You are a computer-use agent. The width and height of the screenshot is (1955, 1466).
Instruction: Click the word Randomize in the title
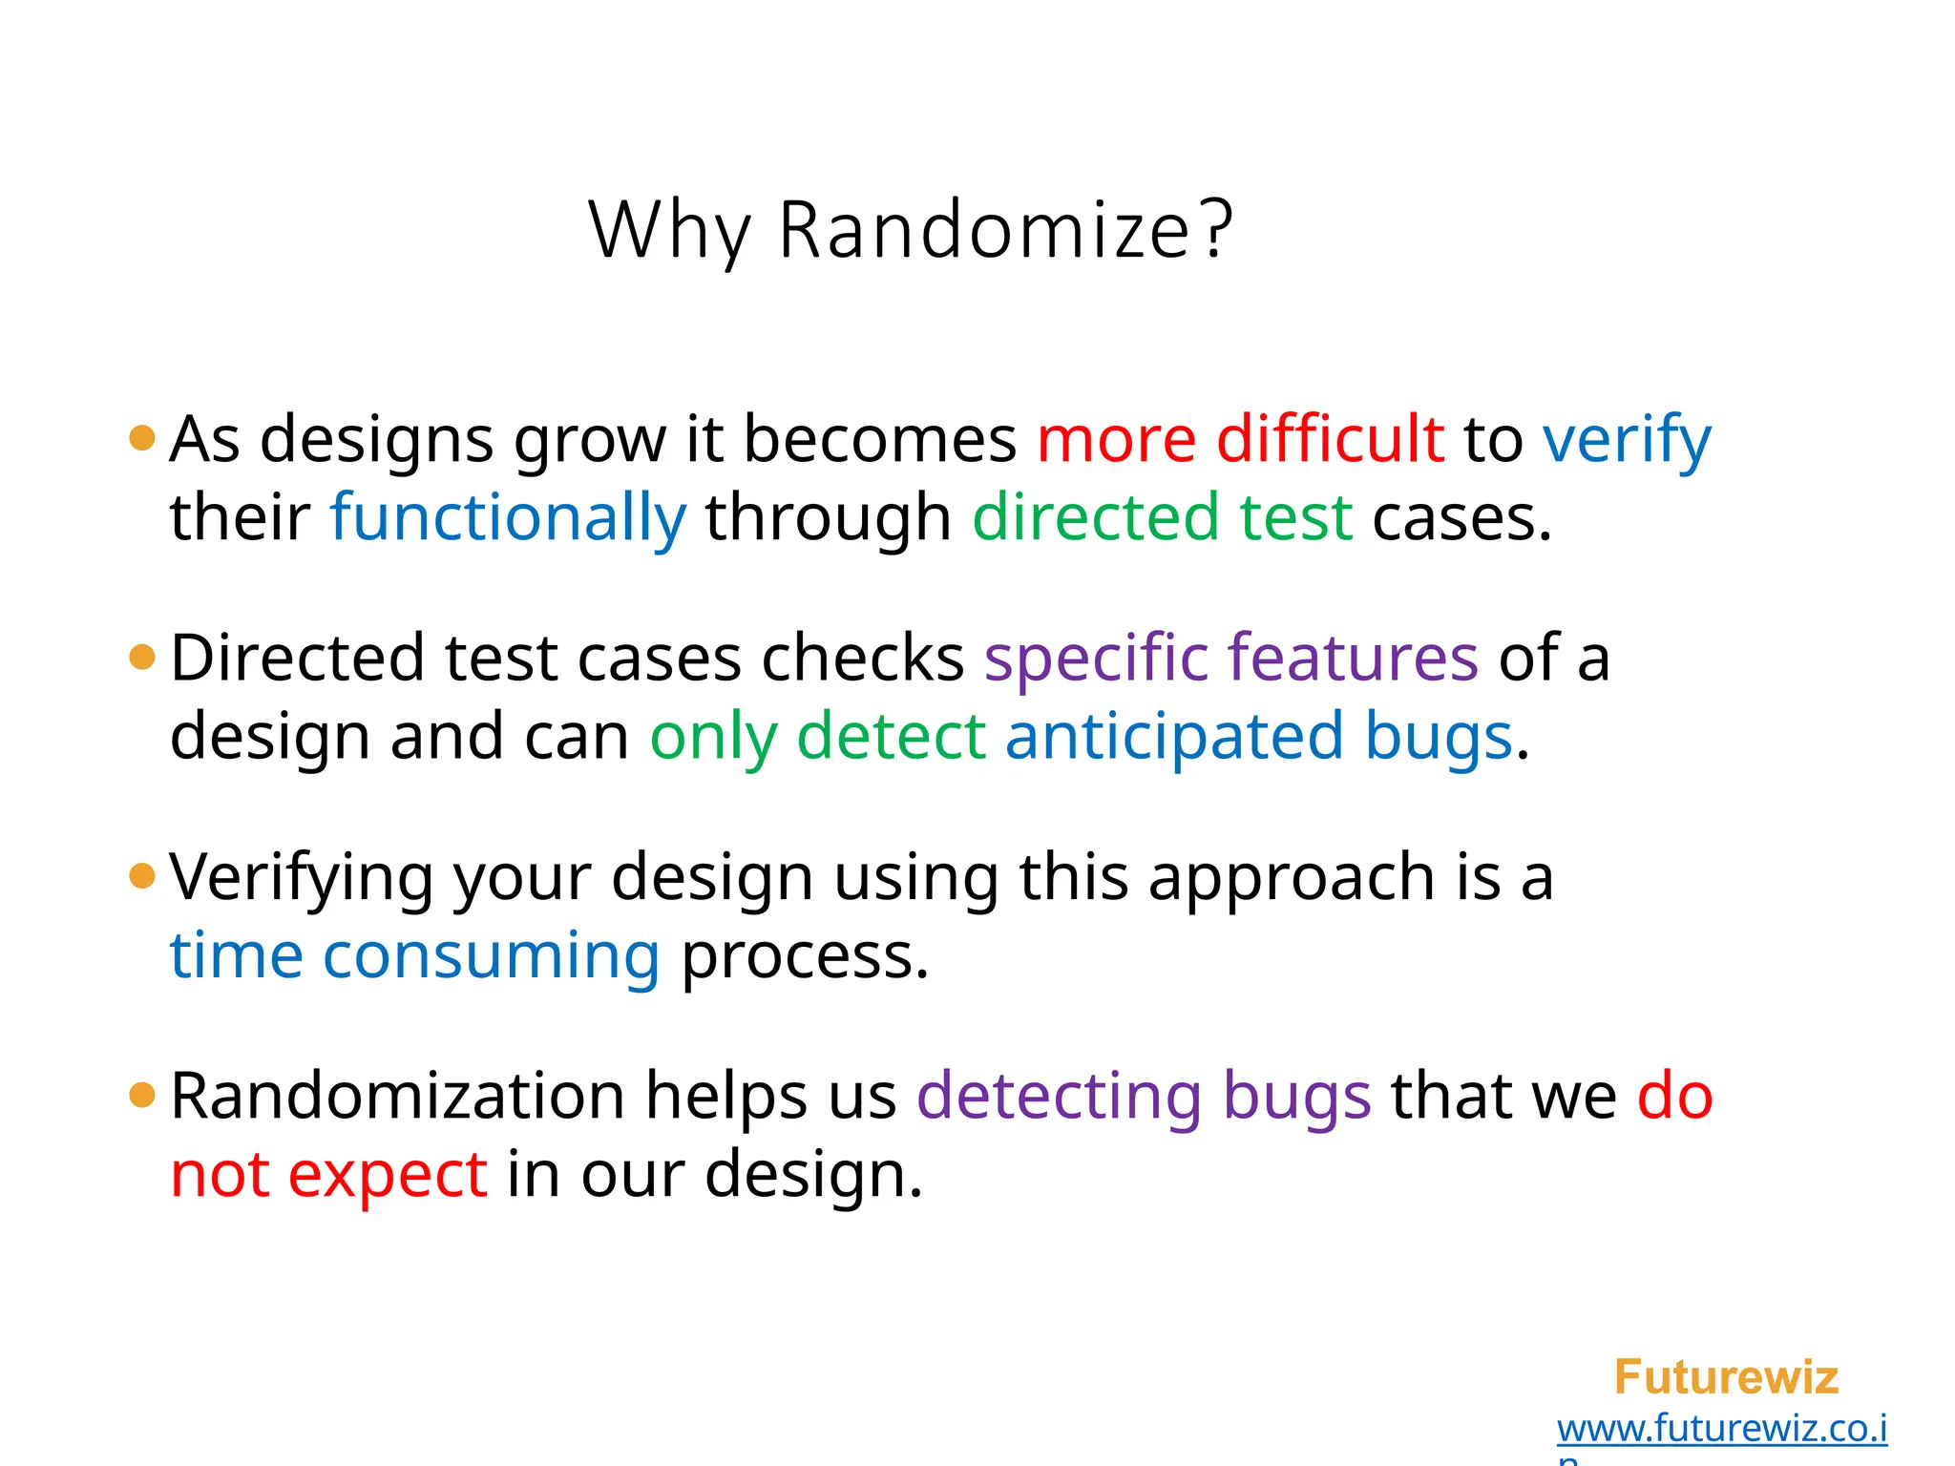pos(983,231)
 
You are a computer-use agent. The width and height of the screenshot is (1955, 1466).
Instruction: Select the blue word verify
pos(1627,441)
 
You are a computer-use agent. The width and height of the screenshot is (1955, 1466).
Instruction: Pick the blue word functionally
pos(508,517)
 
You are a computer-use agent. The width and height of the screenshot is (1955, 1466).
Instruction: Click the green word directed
pos(1095,517)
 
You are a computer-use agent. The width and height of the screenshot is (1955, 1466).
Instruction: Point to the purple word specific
pos(1096,659)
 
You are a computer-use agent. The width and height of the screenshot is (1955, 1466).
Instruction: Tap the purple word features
pos(1353,659)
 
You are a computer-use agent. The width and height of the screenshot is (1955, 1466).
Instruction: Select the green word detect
pos(891,737)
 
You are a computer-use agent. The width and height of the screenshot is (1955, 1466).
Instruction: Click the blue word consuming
pos(491,956)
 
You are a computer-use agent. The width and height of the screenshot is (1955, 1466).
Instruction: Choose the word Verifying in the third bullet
pos(302,878)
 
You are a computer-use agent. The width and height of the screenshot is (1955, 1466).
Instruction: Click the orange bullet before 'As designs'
pos(141,438)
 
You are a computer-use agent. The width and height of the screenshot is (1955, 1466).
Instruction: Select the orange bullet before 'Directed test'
pos(141,657)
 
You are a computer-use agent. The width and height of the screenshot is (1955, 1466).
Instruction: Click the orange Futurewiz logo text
pos(1725,1377)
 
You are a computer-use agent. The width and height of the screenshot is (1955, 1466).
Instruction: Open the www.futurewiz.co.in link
pos(1721,1429)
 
